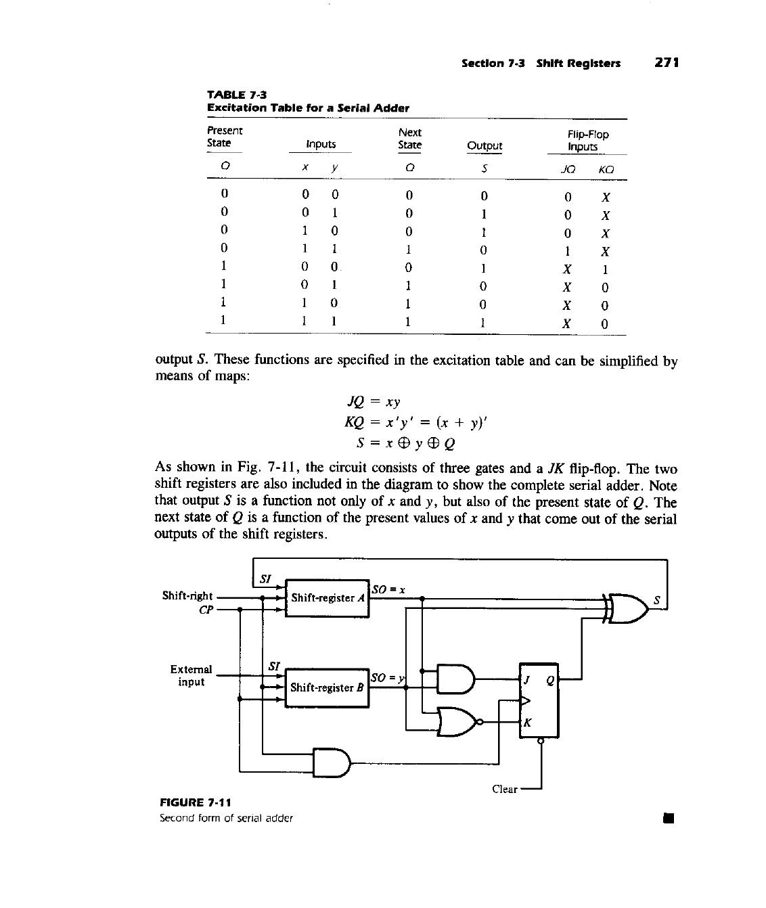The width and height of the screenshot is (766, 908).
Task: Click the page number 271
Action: pyautogui.click(x=667, y=63)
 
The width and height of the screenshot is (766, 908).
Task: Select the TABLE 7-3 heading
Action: pyautogui.click(x=231, y=95)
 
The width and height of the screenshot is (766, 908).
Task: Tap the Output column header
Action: pyautogui.click(x=485, y=145)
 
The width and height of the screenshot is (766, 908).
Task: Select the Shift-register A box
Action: pyautogui.click(x=328, y=598)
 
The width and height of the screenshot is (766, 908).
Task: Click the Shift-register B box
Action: pyautogui.click(x=328, y=687)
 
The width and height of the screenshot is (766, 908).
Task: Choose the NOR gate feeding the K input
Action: pyautogui.click(x=457, y=722)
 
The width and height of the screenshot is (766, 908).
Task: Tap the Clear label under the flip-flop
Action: pyautogui.click(x=505, y=789)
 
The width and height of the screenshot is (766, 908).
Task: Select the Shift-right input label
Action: pyautogui.click(x=187, y=595)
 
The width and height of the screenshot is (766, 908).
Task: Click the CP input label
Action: pyautogui.click(x=206, y=610)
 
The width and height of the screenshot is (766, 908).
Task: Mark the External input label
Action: pyautogui.click(x=191, y=675)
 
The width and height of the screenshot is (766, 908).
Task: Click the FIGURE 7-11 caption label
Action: pyautogui.click(x=195, y=802)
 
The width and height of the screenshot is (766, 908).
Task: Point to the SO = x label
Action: pyautogui.click(x=389, y=589)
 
